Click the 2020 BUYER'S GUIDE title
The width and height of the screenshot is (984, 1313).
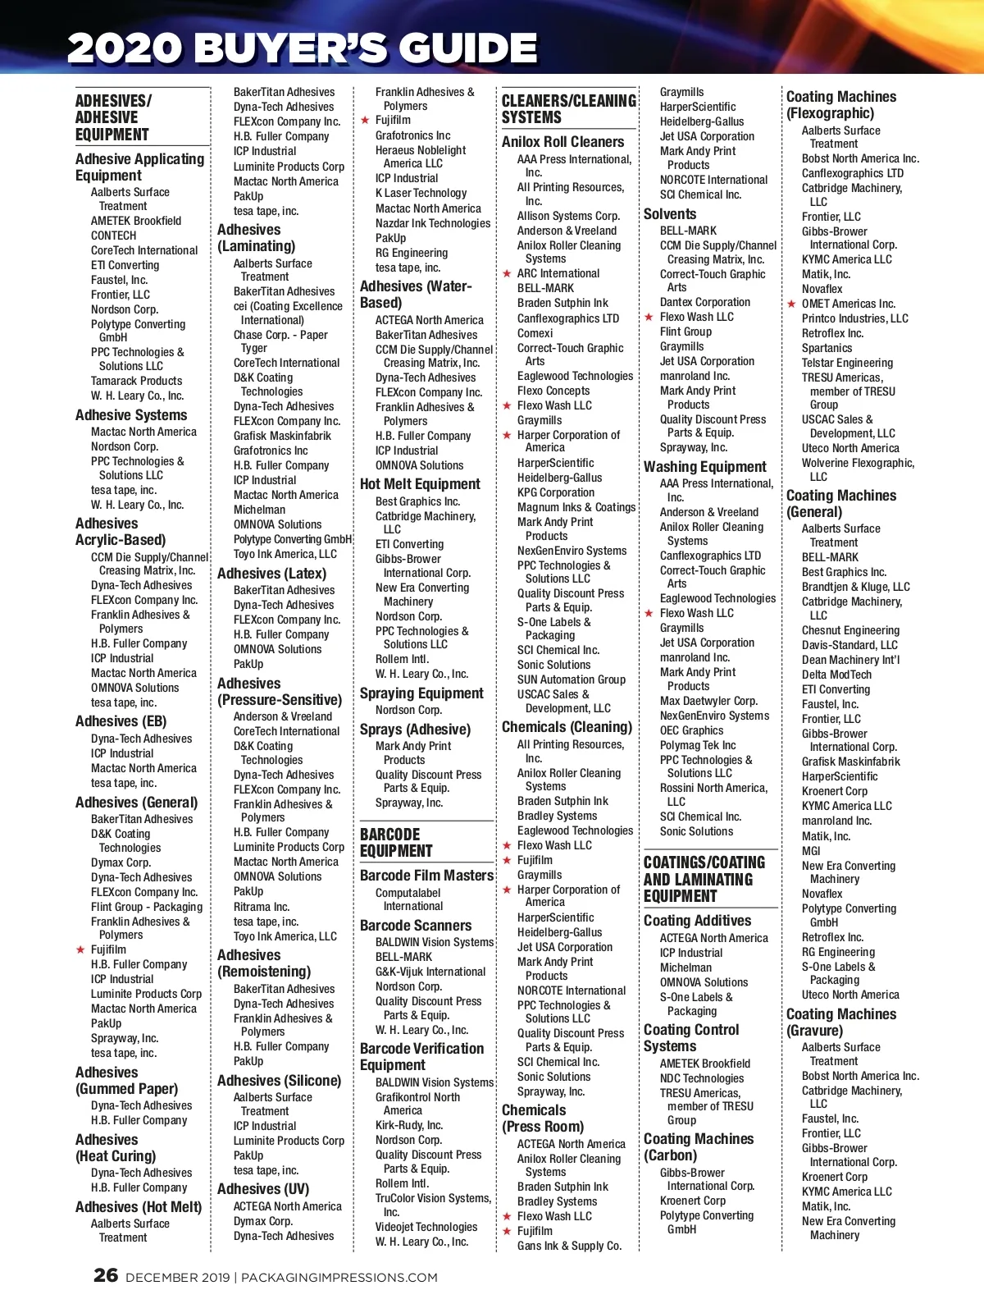[302, 48]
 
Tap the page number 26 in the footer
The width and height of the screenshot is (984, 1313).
[106, 1275]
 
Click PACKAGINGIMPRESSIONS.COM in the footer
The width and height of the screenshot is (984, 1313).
[339, 1278]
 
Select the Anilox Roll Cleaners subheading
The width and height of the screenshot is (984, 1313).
[563, 142]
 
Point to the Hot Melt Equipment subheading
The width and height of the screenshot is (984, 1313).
[420, 484]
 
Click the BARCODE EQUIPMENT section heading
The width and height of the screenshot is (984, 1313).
[396, 843]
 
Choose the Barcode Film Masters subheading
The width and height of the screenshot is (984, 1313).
[426, 876]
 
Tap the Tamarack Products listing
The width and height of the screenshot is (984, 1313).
[136, 381]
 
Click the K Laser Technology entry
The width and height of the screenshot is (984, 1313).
[421, 193]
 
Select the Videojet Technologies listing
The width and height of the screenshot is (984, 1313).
[426, 1227]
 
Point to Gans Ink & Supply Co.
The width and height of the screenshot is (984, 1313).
[569, 1246]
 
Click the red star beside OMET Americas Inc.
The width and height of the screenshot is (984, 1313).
[791, 304]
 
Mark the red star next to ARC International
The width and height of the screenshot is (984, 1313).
[508, 274]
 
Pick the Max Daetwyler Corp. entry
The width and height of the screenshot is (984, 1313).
[708, 701]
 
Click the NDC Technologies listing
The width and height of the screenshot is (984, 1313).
[702, 1078]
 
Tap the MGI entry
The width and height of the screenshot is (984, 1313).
[811, 851]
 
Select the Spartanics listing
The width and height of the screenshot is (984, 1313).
[827, 348]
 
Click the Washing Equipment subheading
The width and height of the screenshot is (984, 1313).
[705, 467]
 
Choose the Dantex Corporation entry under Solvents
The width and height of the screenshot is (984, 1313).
[705, 302]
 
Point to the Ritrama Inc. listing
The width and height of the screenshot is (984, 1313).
[262, 907]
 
